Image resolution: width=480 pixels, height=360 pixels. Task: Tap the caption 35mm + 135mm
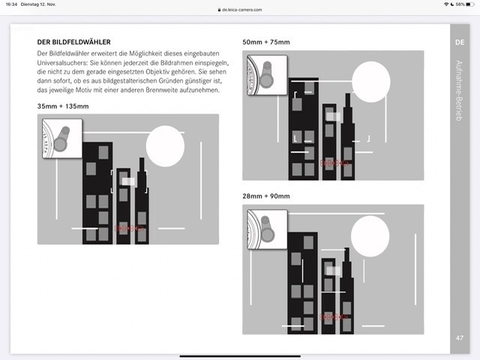(x=63, y=106)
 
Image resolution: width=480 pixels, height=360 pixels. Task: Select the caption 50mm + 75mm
(x=266, y=43)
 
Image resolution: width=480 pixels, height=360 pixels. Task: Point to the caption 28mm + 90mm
(x=266, y=196)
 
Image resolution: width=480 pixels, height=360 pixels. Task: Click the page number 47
(x=460, y=338)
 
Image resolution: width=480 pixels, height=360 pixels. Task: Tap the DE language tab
(x=460, y=43)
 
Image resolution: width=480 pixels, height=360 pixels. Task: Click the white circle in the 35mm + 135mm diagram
(x=165, y=146)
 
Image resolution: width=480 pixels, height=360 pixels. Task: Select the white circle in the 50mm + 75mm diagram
(x=371, y=80)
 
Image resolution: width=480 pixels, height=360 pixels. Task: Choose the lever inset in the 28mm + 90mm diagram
(x=267, y=229)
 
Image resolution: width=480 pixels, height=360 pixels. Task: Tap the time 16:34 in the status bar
(x=11, y=4)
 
